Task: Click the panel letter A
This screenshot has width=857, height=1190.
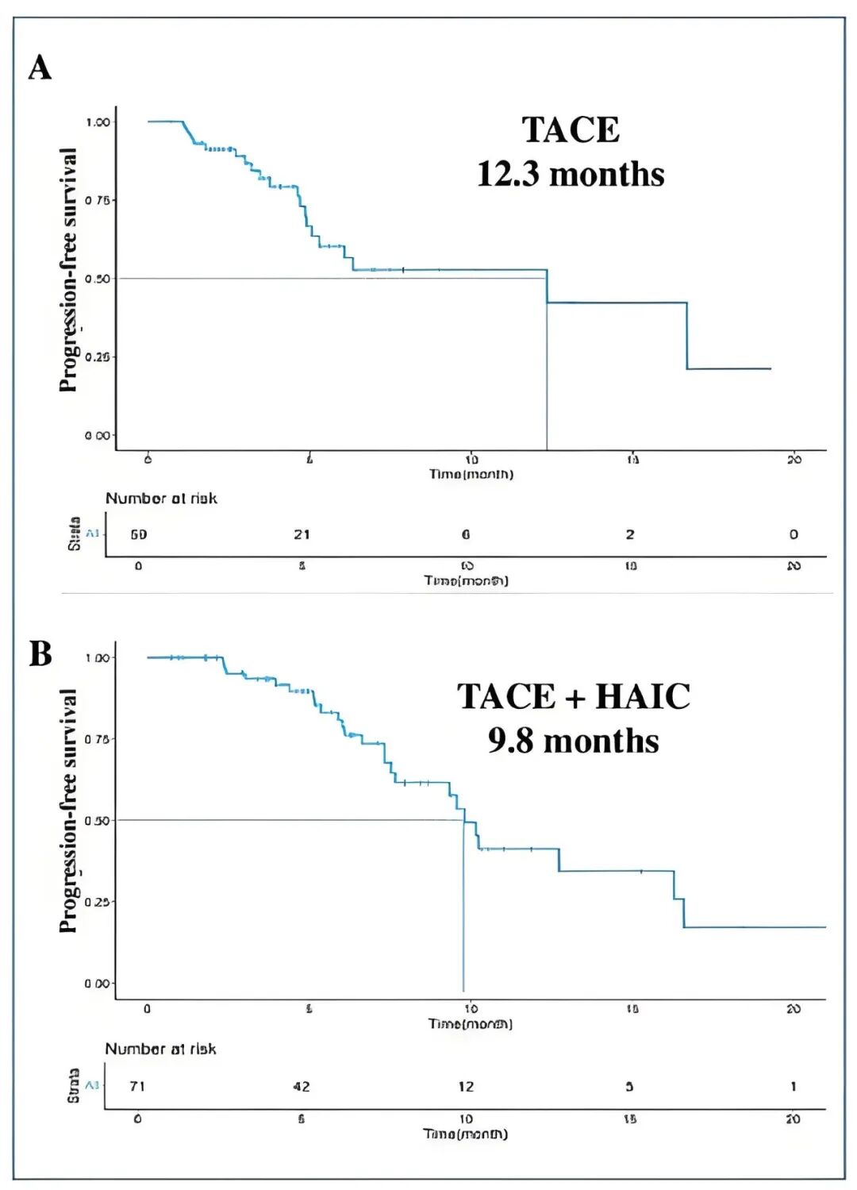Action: (40, 67)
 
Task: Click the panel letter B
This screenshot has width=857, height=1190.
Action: (40, 654)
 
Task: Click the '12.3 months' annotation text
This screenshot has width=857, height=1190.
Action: (570, 175)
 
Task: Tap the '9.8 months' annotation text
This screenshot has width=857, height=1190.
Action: (573, 741)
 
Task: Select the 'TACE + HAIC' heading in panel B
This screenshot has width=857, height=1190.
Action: (573, 697)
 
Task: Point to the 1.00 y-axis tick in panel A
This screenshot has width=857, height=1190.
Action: (98, 122)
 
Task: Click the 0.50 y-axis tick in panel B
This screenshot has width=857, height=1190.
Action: (97, 821)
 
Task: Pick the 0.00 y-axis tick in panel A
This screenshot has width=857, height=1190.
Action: (98, 435)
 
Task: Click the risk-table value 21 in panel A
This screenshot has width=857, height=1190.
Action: (302, 534)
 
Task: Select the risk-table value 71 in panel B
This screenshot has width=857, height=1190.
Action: (137, 1086)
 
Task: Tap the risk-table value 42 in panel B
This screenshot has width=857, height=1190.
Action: (302, 1086)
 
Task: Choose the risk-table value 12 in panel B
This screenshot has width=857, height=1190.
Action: (466, 1086)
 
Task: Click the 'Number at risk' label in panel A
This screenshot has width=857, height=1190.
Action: (161, 499)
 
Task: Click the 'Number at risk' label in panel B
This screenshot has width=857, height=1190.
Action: (160, 1049)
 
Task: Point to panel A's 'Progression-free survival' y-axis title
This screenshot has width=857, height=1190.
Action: (69, 270)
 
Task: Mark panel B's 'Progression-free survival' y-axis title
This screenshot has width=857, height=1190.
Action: (69, 811)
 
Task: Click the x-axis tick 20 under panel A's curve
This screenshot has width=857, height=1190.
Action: (794, 460)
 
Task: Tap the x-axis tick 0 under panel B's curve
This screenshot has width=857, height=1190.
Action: (147, 1009)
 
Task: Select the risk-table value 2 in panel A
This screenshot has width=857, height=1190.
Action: (629, 534)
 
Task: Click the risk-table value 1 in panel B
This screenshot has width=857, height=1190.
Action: (793, 1086)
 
